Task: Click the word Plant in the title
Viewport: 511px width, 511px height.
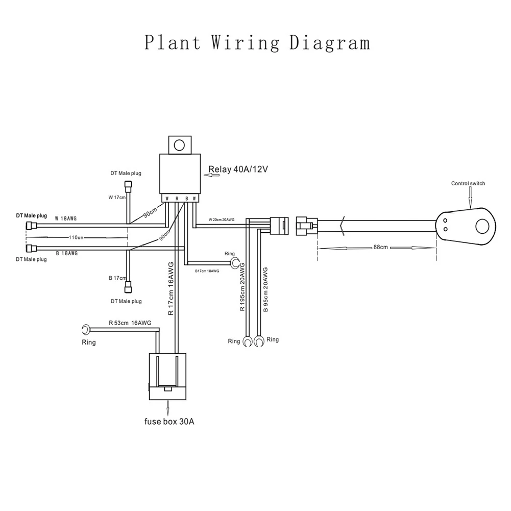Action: (x=173, y=43)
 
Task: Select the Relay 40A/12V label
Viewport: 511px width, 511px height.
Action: (x=238, y=169)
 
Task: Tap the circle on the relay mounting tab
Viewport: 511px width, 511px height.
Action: (x=179, y=145)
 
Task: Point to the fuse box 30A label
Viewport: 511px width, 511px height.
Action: (x=169, y=421)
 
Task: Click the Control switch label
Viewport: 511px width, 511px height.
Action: (x=468, y=183)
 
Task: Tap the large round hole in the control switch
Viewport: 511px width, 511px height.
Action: (x=482, y=227)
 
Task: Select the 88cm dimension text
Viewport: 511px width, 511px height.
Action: (x=380, y=247)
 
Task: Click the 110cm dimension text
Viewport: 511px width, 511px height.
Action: (x=76, y=237)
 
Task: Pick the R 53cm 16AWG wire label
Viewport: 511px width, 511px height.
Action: (x=130, y=323)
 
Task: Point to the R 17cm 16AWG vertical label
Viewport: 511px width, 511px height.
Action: (x=171, y=288)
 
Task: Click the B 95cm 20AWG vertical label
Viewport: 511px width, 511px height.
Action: (x=265, y=290)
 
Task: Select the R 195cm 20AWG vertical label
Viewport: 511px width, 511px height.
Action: (x=242, y=287)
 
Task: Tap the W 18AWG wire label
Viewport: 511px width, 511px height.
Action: (x=66, y=218)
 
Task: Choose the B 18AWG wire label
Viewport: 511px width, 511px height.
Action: (x=67, y=253)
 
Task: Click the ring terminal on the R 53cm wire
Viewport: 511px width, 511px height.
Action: (x=86, y=329)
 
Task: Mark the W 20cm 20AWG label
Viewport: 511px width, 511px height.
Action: (x=221, y=220)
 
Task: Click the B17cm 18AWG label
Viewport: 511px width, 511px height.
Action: (x=207, y=271)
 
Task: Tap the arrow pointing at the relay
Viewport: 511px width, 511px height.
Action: (x=211, y=175)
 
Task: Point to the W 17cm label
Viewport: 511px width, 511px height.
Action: (x=117, y=198)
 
